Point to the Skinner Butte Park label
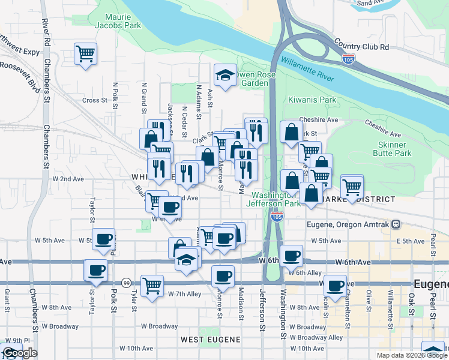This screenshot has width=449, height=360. coord(396,149)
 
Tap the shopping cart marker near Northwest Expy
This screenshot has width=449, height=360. coord(85,53)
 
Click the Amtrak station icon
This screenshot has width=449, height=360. coord(396,224)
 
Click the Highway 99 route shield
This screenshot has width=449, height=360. coord(126,283)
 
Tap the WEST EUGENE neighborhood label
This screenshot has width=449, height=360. coord(211,340)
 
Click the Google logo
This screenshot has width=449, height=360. coord(19,353)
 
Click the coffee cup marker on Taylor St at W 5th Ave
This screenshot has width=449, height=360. coord(103,238)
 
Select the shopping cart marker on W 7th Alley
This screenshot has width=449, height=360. coord(152,284)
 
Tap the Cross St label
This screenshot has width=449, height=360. coord(95,100)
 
